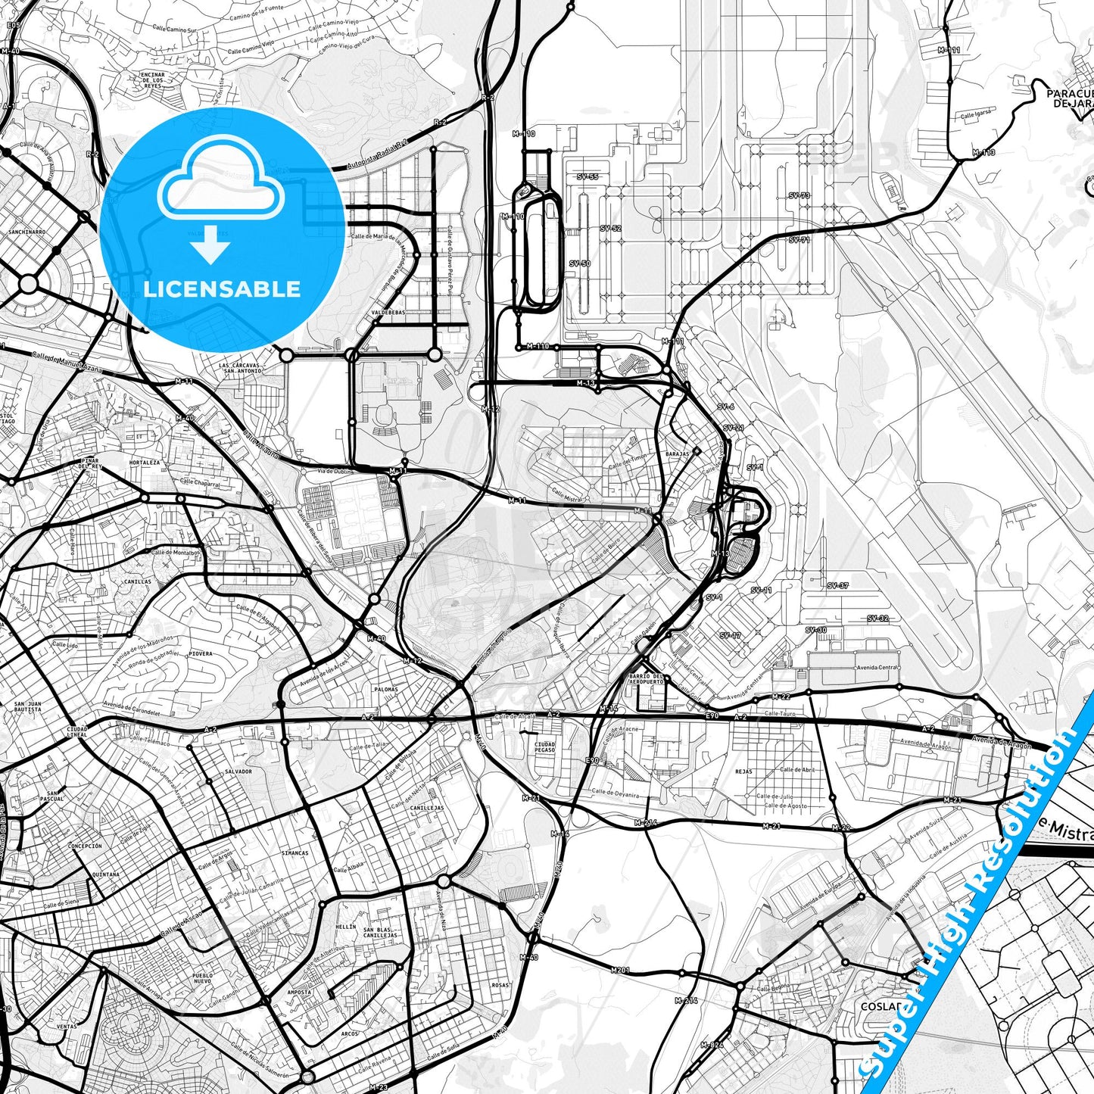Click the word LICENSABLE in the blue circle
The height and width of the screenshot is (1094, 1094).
(222, 289)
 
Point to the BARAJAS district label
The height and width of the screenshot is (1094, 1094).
(677, 454)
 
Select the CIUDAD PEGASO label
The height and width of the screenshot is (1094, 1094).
(544, 747)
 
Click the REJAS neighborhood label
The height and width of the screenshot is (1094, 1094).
(743, 771)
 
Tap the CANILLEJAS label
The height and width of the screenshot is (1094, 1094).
(427, 808)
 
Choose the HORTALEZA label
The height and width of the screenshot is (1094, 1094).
(144, 462)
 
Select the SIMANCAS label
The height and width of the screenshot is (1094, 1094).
(295, 852)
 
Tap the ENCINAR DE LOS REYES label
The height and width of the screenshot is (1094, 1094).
(153, 81)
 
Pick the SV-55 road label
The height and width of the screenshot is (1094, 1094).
(587, 176)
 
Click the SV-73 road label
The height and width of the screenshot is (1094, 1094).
(799, 195)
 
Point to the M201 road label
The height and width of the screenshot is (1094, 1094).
(620, 970)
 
